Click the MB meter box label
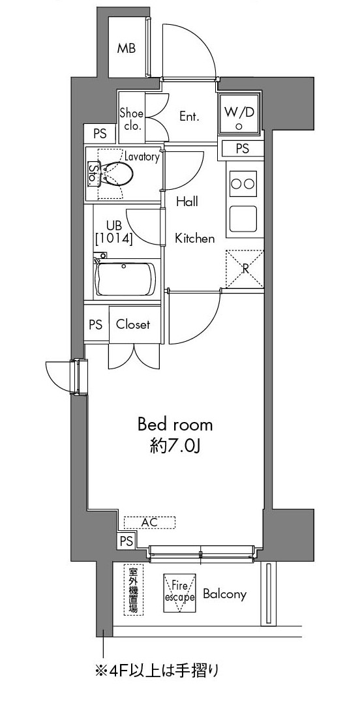tap(127, 48)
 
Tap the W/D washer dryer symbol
tap(239, 113)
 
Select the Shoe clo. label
tap(132, 120)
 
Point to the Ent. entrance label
tap(190, 117)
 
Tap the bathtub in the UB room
tap(125, 278)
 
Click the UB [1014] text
tap(113, 233)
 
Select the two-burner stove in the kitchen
tap(243, 184)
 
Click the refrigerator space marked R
tap(245, 269)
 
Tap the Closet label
tap(133, 325)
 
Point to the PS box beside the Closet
tap(96, 325)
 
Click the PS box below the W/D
tap(243, 149)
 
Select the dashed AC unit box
tap(149, 522)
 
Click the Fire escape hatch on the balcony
tap(179, 593)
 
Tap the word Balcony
tap(224, 594)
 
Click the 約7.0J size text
tap(175, 447)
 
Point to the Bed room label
tap(175, 425)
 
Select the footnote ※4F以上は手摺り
tap(157, 670)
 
